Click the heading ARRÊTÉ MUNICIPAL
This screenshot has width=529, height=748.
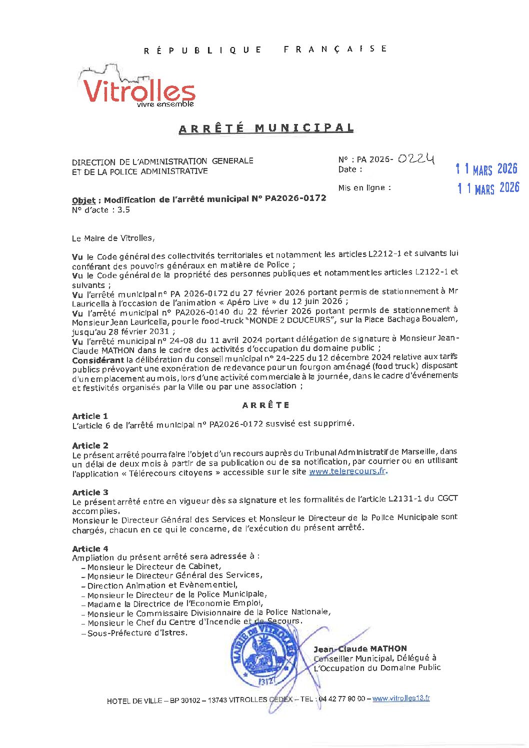266,128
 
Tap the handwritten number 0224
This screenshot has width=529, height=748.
416,159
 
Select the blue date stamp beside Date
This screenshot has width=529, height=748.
486,169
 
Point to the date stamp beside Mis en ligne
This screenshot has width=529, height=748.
488,188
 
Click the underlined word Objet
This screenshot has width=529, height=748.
83,200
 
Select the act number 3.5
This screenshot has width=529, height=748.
123,210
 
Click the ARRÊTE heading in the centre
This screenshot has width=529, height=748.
265,405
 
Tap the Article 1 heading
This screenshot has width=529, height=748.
90,416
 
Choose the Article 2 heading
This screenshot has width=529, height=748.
90,445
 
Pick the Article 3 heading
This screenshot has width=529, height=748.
90,492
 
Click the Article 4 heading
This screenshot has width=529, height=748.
90,548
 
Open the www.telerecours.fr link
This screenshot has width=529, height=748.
347,471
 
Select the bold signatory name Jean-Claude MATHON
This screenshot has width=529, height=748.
360,648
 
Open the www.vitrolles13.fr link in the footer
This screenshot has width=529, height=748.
401,698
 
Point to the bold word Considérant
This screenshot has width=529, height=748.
98,360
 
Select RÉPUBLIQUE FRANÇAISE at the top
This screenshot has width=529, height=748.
265,49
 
